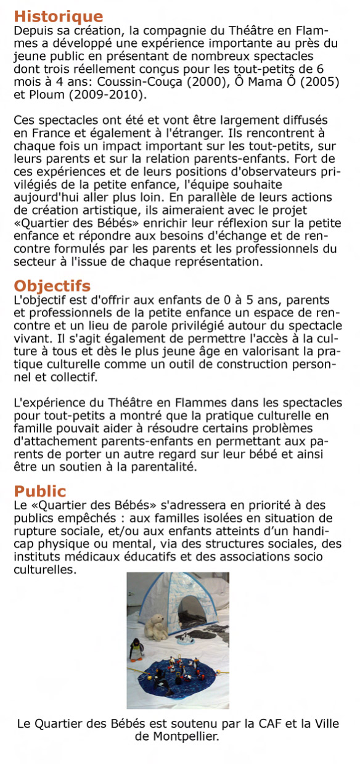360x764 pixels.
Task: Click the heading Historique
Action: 59,17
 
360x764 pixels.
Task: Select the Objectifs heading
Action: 52,286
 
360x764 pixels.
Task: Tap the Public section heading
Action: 40,491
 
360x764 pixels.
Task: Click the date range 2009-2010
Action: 107,96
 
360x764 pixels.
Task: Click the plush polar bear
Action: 154,628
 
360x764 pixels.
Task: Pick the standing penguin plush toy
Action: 136,651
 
